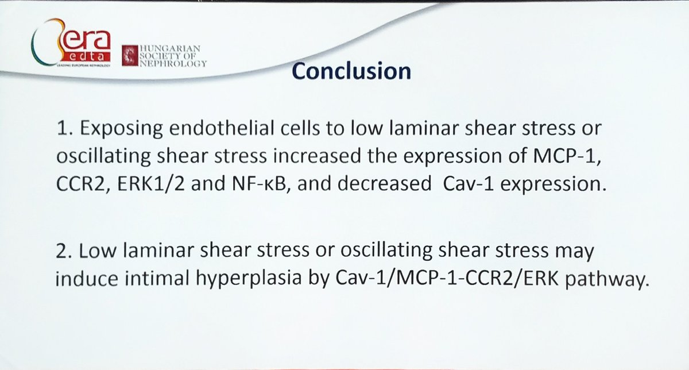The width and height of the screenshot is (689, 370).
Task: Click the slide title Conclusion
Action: [351, 71]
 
